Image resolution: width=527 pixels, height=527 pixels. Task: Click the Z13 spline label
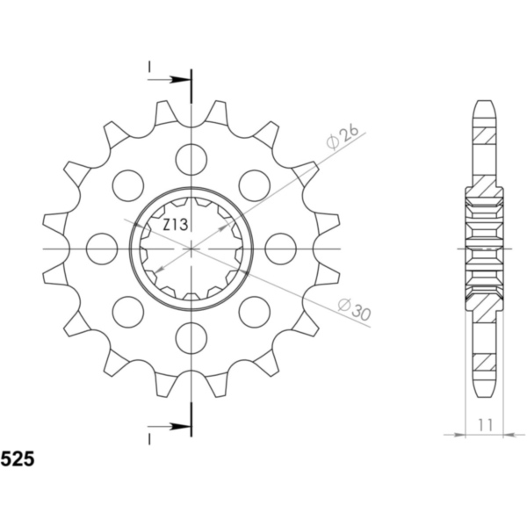tap(175, 225)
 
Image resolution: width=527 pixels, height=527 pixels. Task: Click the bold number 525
tap(18, 458)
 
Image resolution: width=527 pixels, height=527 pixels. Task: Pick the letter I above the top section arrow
tap(150, 67)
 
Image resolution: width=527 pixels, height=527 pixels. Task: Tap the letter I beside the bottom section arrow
tap(150, 437)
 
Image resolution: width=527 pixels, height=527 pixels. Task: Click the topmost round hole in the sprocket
tap(191, 159)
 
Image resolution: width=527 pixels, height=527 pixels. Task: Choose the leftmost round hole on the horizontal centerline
tap(102, 248)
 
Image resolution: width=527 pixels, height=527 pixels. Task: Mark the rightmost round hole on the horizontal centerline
tap(280, 248)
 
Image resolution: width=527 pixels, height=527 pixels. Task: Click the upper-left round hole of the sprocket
tap(128, 185)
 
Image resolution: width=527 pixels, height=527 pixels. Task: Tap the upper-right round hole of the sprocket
tap(254, 185)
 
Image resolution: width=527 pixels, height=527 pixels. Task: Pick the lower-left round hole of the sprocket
tap(128, 311)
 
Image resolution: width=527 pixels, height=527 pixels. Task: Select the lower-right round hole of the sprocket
tap(254, 311)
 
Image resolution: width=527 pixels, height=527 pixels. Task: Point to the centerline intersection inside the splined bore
tap(191, 249)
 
